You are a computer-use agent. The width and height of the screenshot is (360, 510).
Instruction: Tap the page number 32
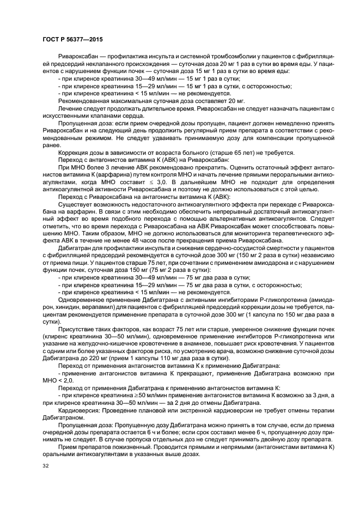46,466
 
